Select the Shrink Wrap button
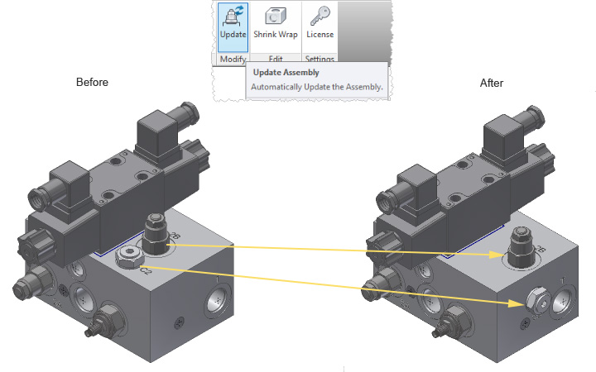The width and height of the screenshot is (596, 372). [x=276, y=24]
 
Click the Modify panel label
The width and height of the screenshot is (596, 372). [x=233, y=59]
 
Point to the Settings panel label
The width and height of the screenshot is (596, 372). [x=320, y=59]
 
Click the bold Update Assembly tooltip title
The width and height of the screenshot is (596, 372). [x=286, y=73]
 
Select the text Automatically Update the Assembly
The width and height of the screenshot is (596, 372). [x=316, y=87]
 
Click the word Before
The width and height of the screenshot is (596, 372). [x=92, y=82]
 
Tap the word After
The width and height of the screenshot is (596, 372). [x=492, y=83]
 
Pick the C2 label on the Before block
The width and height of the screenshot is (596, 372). [x=145, y=270]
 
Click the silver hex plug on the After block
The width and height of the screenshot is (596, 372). [x=538, y=299]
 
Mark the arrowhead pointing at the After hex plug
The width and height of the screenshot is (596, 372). [x=517, y=303]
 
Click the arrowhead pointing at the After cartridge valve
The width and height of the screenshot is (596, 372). [x=497, y=255]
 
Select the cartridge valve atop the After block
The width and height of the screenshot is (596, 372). [x=522, y=246]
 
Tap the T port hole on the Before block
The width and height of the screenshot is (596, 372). [x=218, y=301]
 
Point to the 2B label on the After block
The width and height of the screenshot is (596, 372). [x=541, y=249]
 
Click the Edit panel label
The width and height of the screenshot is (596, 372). [x=276, y=59]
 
